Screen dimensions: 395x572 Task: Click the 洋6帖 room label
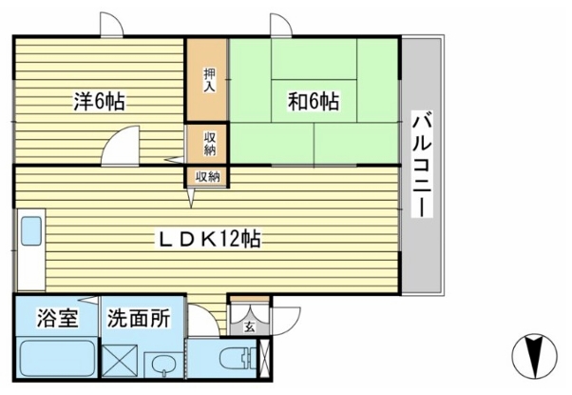point(100,100)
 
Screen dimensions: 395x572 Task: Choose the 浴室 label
point(55,318)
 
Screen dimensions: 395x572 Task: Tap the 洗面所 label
point(139,318)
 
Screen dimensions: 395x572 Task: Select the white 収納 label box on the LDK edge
point(208,176)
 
